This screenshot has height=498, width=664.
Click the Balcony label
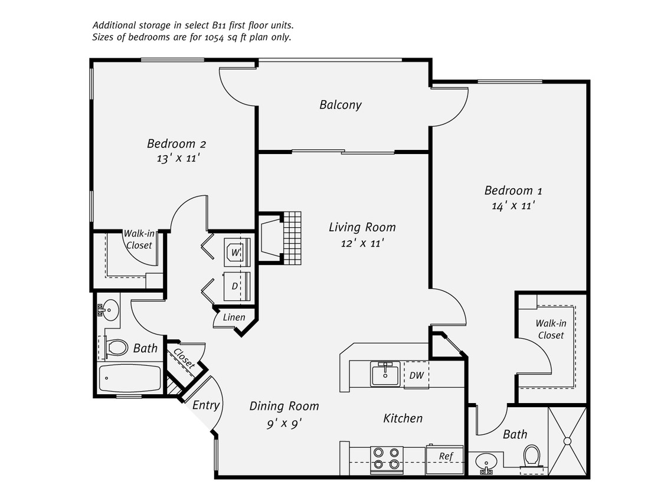tap(340, 105)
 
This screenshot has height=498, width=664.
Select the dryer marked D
tap(235, 286)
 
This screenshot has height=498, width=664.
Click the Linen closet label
tap(234, 317)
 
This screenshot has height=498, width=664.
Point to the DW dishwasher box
tap(416, 375)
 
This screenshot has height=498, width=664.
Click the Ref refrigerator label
tap(446, 456)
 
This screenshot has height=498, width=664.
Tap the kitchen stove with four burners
tap(386, 458)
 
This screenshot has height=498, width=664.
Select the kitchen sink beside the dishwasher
tap(385, 373)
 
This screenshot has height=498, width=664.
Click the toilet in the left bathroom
tap(117, 347)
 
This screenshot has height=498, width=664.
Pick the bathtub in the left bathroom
tap(130, 378)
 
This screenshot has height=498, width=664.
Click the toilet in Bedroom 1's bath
tap(532, 456)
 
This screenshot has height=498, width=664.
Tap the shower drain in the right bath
tap(567, 440)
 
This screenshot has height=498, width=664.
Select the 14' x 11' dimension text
tap(513, 206)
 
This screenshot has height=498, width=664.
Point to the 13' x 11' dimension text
tap(175, 158)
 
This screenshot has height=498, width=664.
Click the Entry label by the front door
tap(206, 405)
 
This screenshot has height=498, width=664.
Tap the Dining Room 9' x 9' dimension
tap(284, 422)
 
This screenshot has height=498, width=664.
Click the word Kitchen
tap(403, 418)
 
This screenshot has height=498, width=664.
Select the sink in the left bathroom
tap(109, 309)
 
